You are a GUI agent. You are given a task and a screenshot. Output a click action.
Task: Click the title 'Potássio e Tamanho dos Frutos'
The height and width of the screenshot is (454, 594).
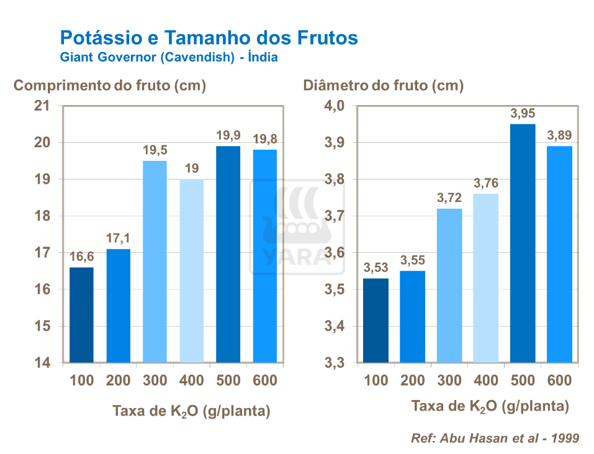[x=209, y=38]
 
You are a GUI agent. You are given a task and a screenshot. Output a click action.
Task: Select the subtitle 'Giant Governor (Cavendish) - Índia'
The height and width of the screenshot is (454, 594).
[x=168, y=57]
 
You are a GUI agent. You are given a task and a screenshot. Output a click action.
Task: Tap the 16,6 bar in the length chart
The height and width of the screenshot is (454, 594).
[x=81, y=315]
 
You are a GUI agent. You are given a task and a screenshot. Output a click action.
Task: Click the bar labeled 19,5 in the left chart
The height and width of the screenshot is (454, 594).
[x=155, y=261]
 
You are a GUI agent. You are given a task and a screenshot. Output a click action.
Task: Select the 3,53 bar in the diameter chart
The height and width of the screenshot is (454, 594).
[x=376, y=320]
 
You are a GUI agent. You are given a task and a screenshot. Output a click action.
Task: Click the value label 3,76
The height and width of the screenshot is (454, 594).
[x=485, y=183]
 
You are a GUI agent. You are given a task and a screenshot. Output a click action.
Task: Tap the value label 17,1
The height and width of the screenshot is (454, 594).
[x=118, y=238]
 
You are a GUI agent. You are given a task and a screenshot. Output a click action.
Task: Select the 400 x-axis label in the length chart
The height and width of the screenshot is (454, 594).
[x=191, y=381]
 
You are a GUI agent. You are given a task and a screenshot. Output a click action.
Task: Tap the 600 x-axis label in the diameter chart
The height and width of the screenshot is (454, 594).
[x=559, y=381]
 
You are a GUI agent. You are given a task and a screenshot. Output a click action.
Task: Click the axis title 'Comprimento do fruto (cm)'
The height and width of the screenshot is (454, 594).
[x=110, y=86]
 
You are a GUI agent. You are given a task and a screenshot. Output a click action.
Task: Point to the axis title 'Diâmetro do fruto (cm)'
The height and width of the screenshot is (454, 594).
[x=383, y=86]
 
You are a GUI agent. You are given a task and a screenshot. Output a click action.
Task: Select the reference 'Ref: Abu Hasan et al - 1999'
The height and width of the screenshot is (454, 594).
[x=495, y=438]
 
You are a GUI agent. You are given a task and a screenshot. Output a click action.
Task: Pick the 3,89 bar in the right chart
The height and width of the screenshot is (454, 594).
[x=559, y=254]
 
